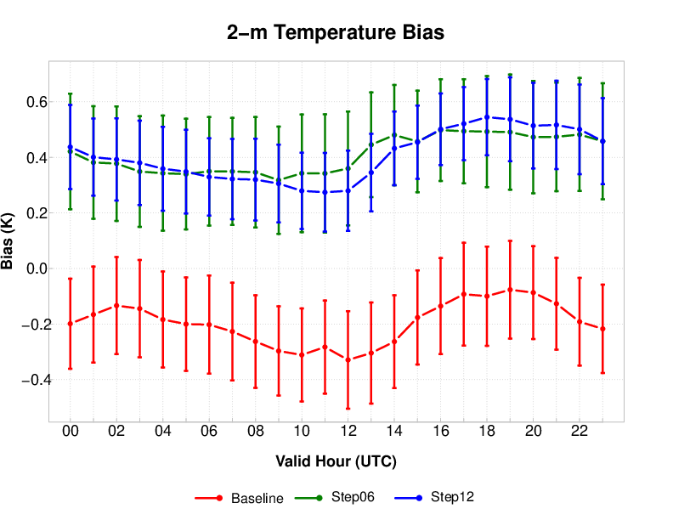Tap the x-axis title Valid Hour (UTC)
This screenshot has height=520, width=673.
coord(336,461)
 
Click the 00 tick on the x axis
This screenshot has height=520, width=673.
coord(71,432)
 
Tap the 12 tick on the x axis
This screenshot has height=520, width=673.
coord(348,432)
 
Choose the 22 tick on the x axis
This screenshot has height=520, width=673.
coord(579,432)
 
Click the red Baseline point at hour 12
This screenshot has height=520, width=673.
coord(348,360)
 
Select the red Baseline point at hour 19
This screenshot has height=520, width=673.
coord(510,290)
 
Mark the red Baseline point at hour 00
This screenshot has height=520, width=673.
coord(71,324)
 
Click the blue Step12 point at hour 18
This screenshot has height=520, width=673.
coord(487,117)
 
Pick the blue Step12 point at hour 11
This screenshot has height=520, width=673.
coord(325,192)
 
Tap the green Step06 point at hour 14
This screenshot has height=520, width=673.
coord(394,135)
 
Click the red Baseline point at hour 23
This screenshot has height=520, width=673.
coord(602,329)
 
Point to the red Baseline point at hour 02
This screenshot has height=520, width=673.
coord(116,305)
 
